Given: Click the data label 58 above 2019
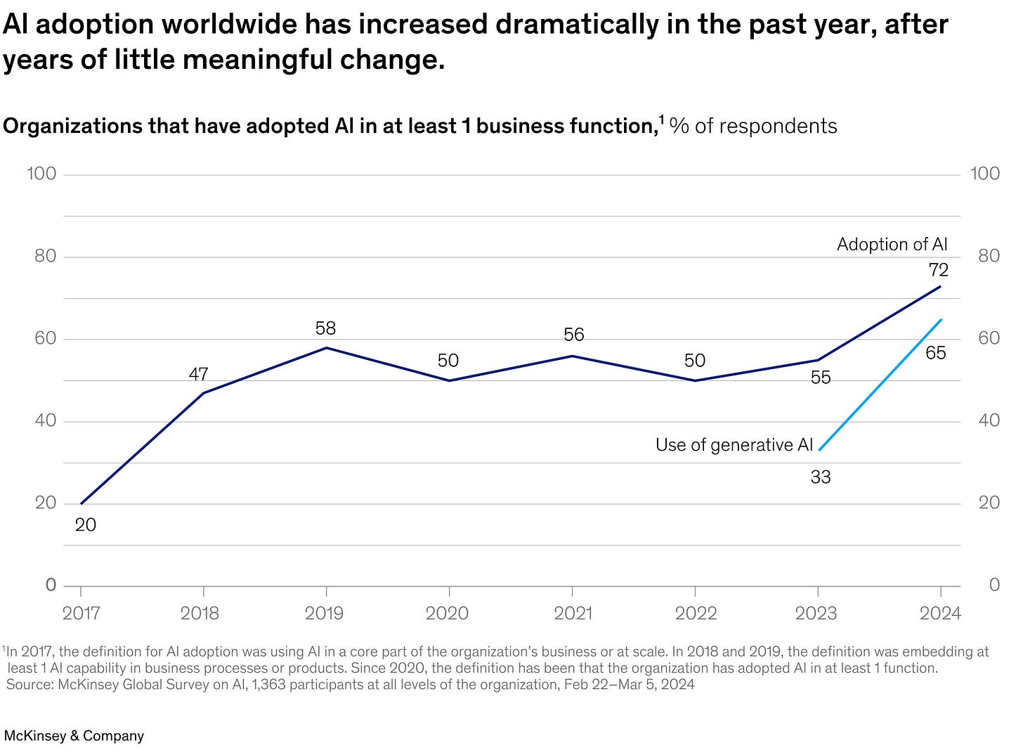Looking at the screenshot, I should coord(325,328).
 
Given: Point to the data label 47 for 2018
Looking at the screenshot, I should coord(199,374).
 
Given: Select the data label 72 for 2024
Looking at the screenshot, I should coord(938,270).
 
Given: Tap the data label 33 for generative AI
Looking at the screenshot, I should coord(820,477).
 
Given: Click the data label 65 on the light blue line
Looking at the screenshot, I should coord(935,353).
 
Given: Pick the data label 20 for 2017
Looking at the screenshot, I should coord(85,525).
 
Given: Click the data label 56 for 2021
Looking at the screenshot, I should coord(573,335).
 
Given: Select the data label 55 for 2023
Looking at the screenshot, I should coord(820,378).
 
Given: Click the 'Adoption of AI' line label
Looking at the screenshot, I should coord(892,245).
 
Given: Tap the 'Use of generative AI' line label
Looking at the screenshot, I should coord(734,445).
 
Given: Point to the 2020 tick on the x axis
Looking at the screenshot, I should coord(447,614).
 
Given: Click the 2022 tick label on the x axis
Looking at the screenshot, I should coord(696,614).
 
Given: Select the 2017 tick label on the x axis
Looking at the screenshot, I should coord(81,614).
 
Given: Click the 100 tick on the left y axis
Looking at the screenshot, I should coord(41,174).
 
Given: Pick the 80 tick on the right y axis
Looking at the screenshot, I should coord(984,256).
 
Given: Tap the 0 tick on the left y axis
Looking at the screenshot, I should coord(51,585).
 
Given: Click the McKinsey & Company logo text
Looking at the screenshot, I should coord(74,736).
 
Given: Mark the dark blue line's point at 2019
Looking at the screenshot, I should coord(326,348).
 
